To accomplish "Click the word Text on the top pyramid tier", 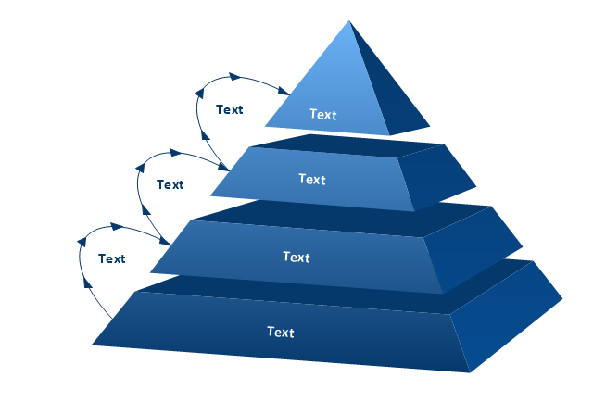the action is click(x=323, y=114).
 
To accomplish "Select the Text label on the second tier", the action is click(x=312, y=179).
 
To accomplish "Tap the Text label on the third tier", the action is click(x=296, y=258).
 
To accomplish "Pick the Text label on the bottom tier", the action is click(x=281, y=332).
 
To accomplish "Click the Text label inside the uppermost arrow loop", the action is click(x=229, y=109).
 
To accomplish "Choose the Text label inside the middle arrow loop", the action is click(x=170, y=184).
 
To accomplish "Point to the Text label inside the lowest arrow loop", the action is click(x=111, y=258).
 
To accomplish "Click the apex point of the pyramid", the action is click(x=348, y=20).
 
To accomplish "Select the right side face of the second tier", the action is click(x=435, y=177).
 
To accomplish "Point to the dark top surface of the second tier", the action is click(x=346, y=145).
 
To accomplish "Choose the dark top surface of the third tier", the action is click(x=340, y=219).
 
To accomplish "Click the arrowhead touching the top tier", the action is click(x=284, y=91).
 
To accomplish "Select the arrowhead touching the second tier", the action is click(x=224, y=167).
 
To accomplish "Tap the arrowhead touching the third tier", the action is click(x=165, y=241).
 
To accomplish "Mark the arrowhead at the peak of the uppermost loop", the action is click(x=234, y=77).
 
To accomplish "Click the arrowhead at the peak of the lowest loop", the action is click(x=118, y=227).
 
